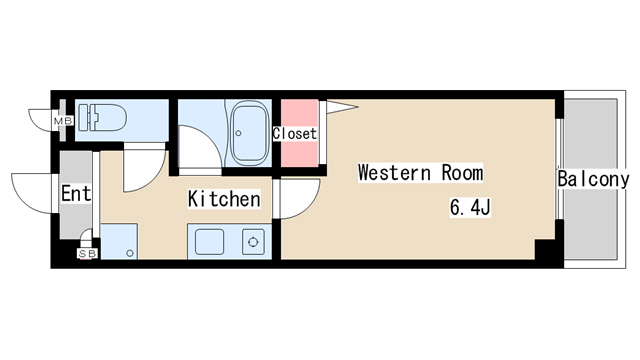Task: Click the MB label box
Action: point(64,121)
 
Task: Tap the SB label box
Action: point(87,254)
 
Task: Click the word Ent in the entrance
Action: point(76,193)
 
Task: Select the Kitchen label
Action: point(224,199)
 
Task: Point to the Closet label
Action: point(295,133)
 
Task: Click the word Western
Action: point(394,172)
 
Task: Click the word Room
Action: point(462,172)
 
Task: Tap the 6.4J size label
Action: point(470,207)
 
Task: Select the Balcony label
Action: point(593,179)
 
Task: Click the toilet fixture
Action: point(102,118)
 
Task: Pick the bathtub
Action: point(249,133)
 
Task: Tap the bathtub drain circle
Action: point(238,133)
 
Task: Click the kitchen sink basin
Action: point(209,242)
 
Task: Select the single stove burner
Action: point(253,242)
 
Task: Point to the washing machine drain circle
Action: point(130,253)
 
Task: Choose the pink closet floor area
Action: point(300,133)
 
